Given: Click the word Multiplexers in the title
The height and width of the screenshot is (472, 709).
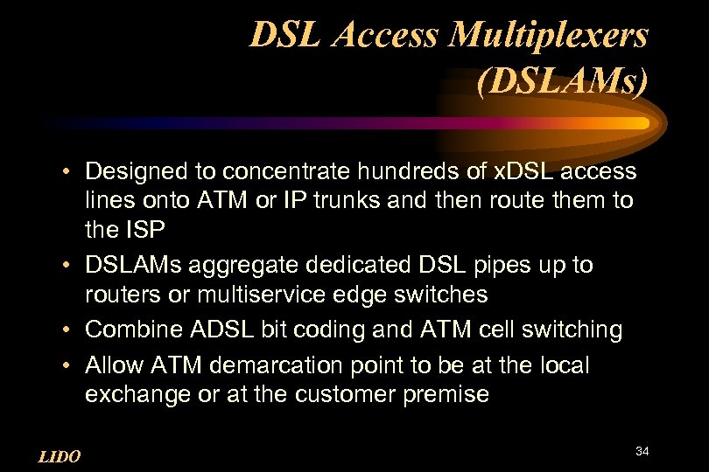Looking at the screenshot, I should tap(550, 36).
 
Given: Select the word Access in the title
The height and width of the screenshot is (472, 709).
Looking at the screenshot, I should tap(386, 36).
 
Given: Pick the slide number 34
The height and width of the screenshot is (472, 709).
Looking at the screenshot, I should tap(642, 451).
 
